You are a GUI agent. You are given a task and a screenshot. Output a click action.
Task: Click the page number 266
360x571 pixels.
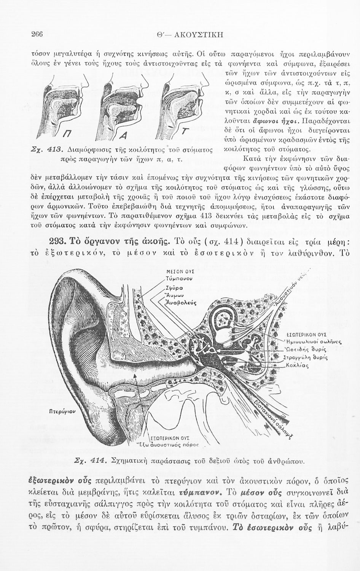pyautogui.click(x=37, y=34)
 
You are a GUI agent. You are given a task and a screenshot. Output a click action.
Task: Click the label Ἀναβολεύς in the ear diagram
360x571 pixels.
pyautogui.click(x=181, y=303)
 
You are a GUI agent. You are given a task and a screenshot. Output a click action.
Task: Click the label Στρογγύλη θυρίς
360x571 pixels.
pyautogui.click(x=306, y=358)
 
